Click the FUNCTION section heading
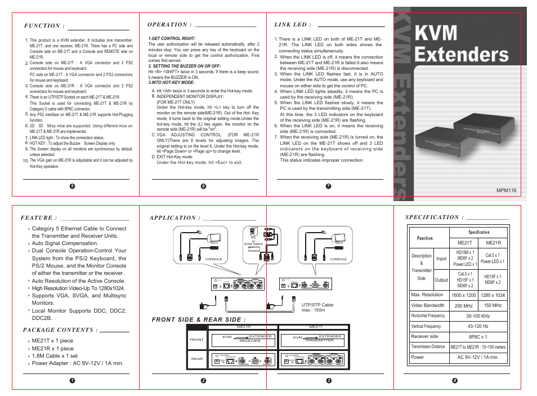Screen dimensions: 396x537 (x=44, y=26)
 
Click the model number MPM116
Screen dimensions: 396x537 (x=506, y=191)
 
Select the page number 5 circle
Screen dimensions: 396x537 (x=71, y=186)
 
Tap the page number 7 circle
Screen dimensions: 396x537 (x=328, y=186)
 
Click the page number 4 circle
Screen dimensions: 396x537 (x=454, y=381)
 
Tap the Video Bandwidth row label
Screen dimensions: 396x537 (x=428, y=305)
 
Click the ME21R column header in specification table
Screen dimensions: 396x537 (x=493, y=243)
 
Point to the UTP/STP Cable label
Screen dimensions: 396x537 (x=317, y=305)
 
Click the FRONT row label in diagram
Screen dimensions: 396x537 (x=196, y=340)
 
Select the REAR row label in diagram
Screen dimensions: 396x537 (x=196, y=359)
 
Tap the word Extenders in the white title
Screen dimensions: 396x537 (x=461, y=54)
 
